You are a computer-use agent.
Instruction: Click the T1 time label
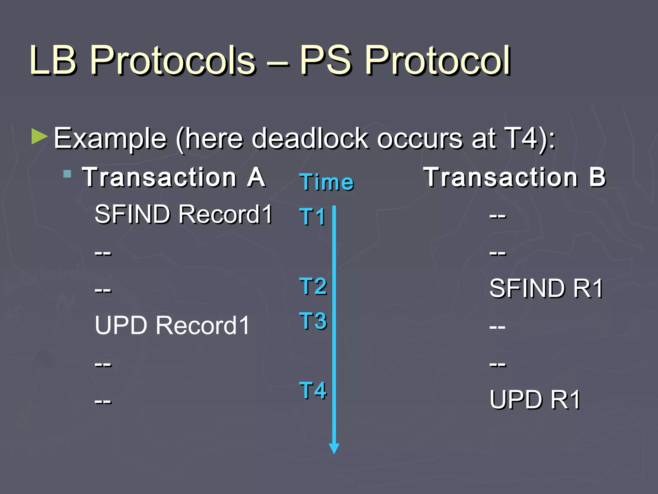(312, 216)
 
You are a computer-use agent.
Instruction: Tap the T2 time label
(313, 286)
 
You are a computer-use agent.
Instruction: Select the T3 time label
(313, 321)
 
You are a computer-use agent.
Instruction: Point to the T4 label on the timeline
(313, 390)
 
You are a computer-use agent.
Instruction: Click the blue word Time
(327, 182)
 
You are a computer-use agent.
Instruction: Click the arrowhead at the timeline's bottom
(334, 448)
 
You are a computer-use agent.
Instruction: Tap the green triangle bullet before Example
(40, 136)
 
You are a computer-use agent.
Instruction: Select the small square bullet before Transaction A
(67, 174)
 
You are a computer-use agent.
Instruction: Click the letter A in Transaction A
(256, 177)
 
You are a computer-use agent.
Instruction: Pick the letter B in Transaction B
(597, 177)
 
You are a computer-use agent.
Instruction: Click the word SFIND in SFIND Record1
(132, 214)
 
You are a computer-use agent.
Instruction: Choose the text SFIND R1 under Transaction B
(546, 288)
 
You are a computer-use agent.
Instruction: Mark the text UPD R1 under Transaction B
(535, 399)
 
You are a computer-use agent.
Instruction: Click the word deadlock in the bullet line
(310, 139)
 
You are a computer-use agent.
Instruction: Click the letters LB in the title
(53, 60)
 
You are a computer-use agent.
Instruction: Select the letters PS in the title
(325, 60)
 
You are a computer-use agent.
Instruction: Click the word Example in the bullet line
(110, 139)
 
